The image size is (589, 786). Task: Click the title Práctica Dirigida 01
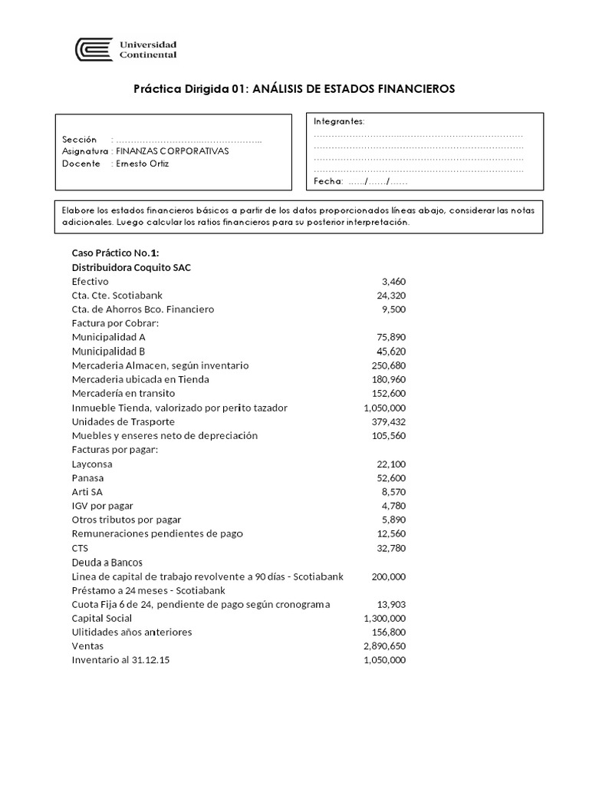pyautogui.click(x=294, y=89)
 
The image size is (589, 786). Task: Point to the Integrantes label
pyautogui.click(x=339, y=121)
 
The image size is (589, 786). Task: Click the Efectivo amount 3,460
pyautogui.click(x=393, y=282)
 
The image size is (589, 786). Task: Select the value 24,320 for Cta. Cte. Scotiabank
pyautogui.click(x=390, y=296)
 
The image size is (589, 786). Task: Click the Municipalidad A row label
pyautogui.click(x=108, y=337)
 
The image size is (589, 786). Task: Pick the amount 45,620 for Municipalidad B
pyautogui.click(x=390, y=351)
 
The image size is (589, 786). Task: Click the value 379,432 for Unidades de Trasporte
pyautogui.click(x=387, y=421)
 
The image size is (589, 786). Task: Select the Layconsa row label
pyautogui.click(x=92, y=464)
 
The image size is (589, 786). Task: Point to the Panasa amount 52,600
pyautogui.click(x=390, y=477)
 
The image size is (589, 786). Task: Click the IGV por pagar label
pyautogui.click(x=102, y=505)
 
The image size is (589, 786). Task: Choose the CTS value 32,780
pyautogui.click(x=390, y=547)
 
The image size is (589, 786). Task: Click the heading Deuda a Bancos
pyautogui.click(x=107, y=562)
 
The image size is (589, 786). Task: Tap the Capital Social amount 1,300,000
pyautogui.click(x=384, y=618)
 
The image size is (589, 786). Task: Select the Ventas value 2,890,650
pyautogui.click(x=384, y=646)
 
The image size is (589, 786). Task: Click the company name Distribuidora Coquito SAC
pyautogui.click(x=127, y=267)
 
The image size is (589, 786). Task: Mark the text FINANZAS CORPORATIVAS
pyautogui.click(x=172, y=151)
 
